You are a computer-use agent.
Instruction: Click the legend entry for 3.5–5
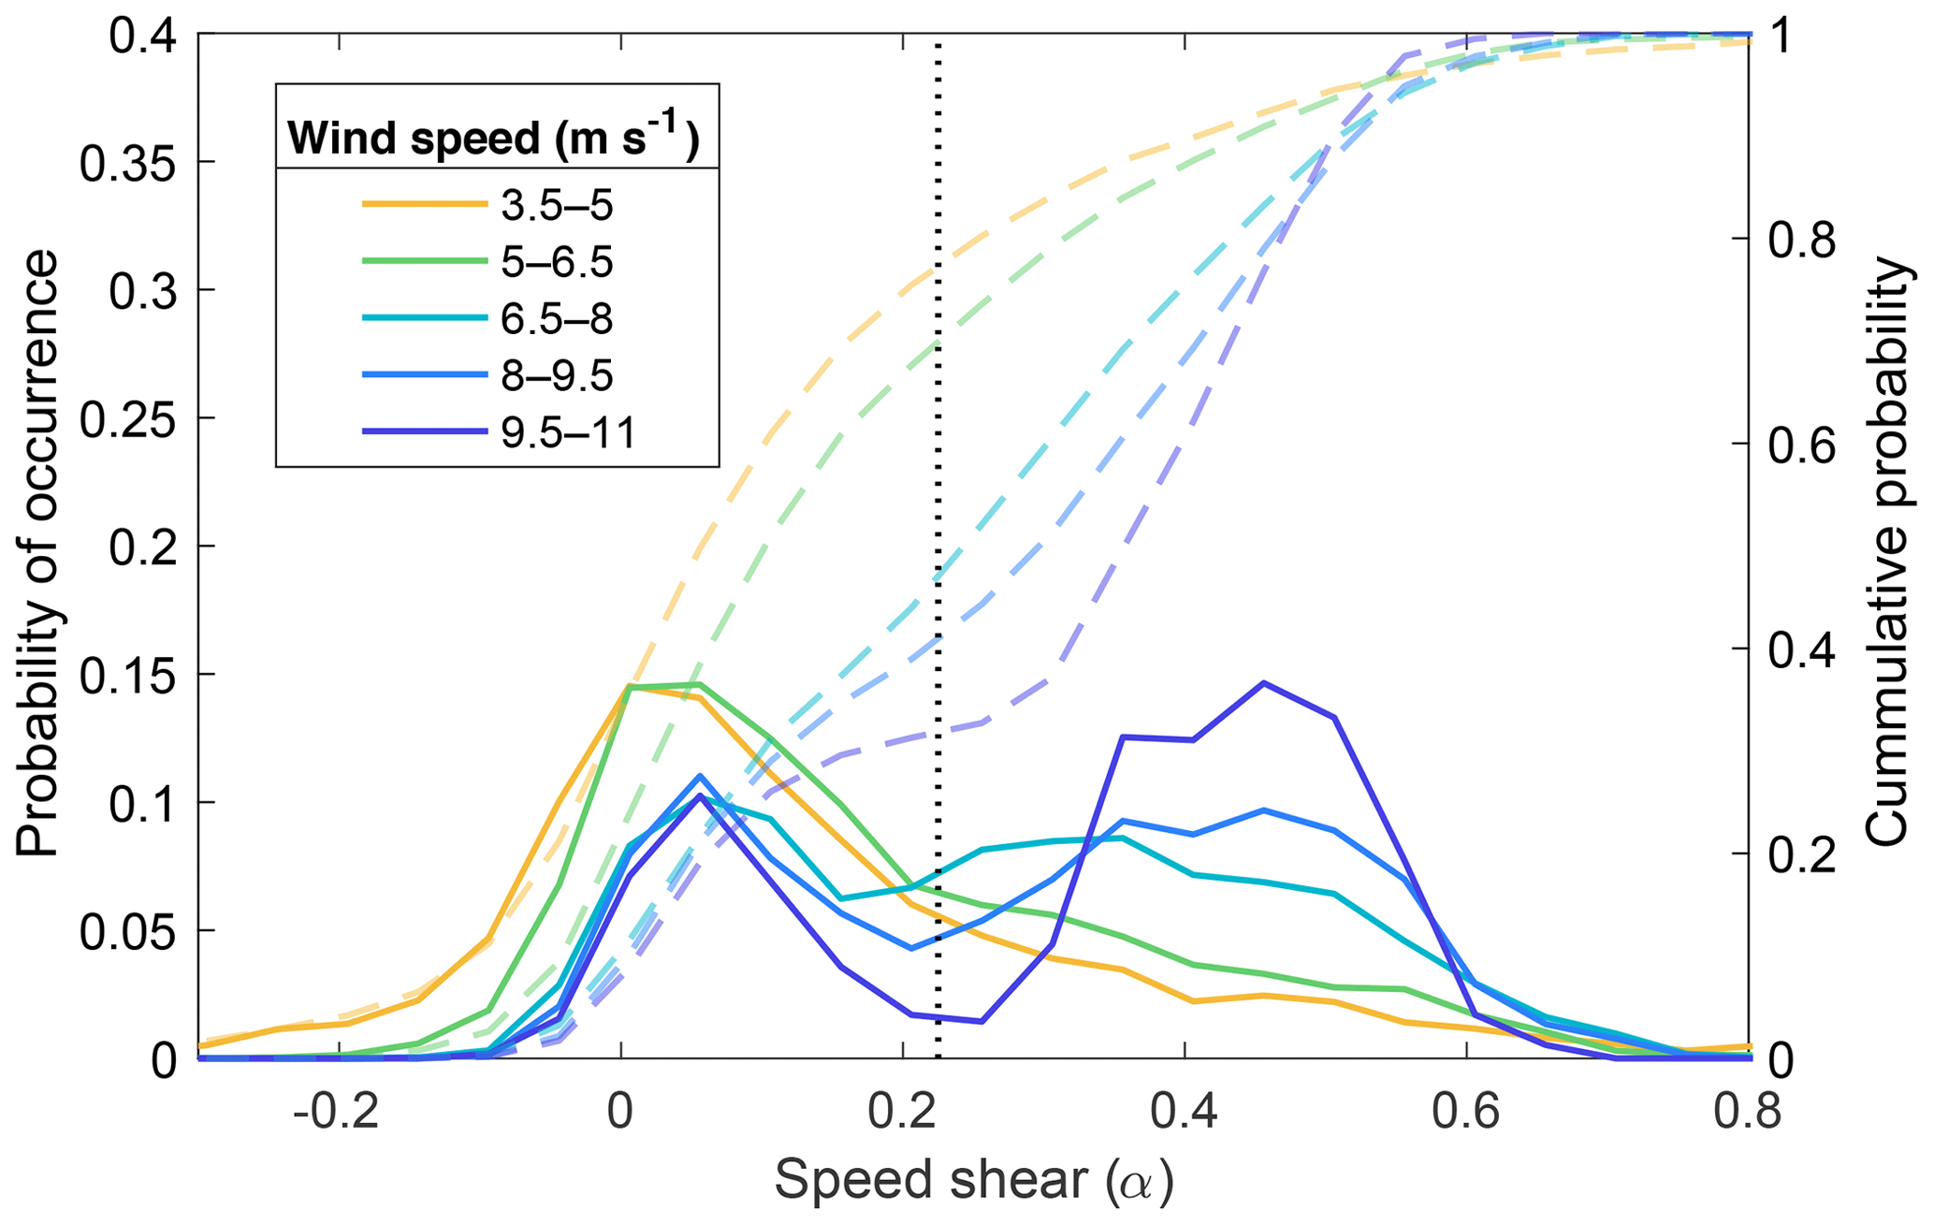[x=557, y=205]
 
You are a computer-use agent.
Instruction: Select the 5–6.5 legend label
[x=557, y=262]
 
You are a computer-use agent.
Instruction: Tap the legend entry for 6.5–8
[x=557, y=319]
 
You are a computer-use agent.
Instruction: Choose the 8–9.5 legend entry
[x=557, y=376]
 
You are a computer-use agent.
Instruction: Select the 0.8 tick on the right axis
[x=1801, y=240]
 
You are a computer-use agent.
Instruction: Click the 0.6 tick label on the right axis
[x=1801, y=445]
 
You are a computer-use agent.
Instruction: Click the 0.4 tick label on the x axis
[x=1185, y=1115]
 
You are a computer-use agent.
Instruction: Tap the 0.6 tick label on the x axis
[x=1467, y=1115]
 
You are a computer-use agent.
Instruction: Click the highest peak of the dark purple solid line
[x=1264, y=683]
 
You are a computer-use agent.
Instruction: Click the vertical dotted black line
[x=938, y=561]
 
